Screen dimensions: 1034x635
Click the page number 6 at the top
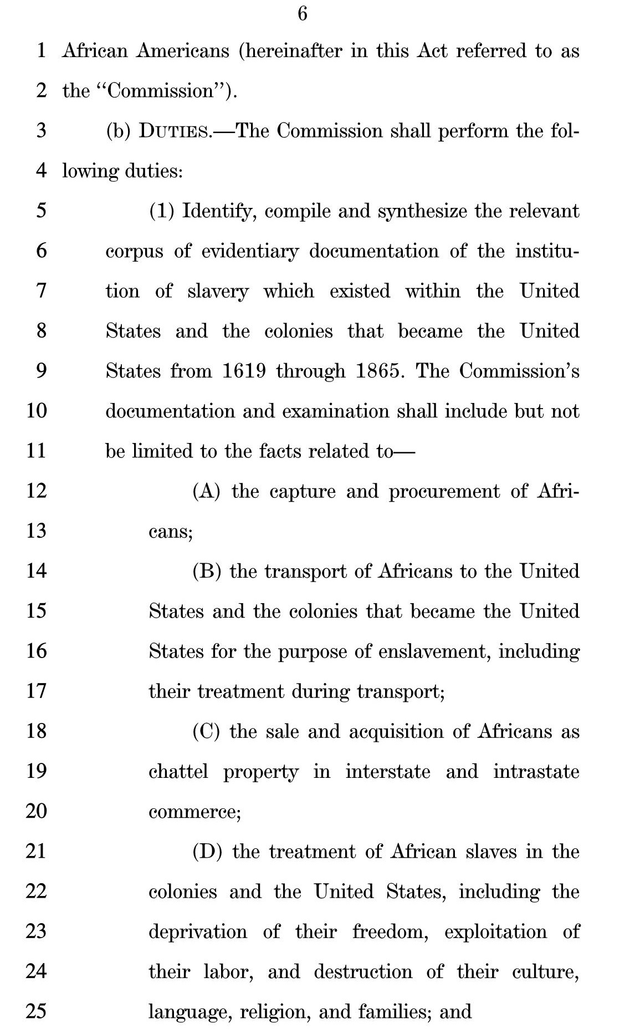tap(303, 13)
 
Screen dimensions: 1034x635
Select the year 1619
tap(244, 371)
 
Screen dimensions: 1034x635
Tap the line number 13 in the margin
tap(36, 531)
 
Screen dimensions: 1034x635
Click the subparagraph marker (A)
tap(207, 491)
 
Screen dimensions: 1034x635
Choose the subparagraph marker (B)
tap(207, 571)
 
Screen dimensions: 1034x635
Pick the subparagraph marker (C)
tap(207, 731)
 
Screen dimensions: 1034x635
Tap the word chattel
tap(178, 771)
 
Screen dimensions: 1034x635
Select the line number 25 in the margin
tap(36, 1011)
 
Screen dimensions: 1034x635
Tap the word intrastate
tap(536, 771)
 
